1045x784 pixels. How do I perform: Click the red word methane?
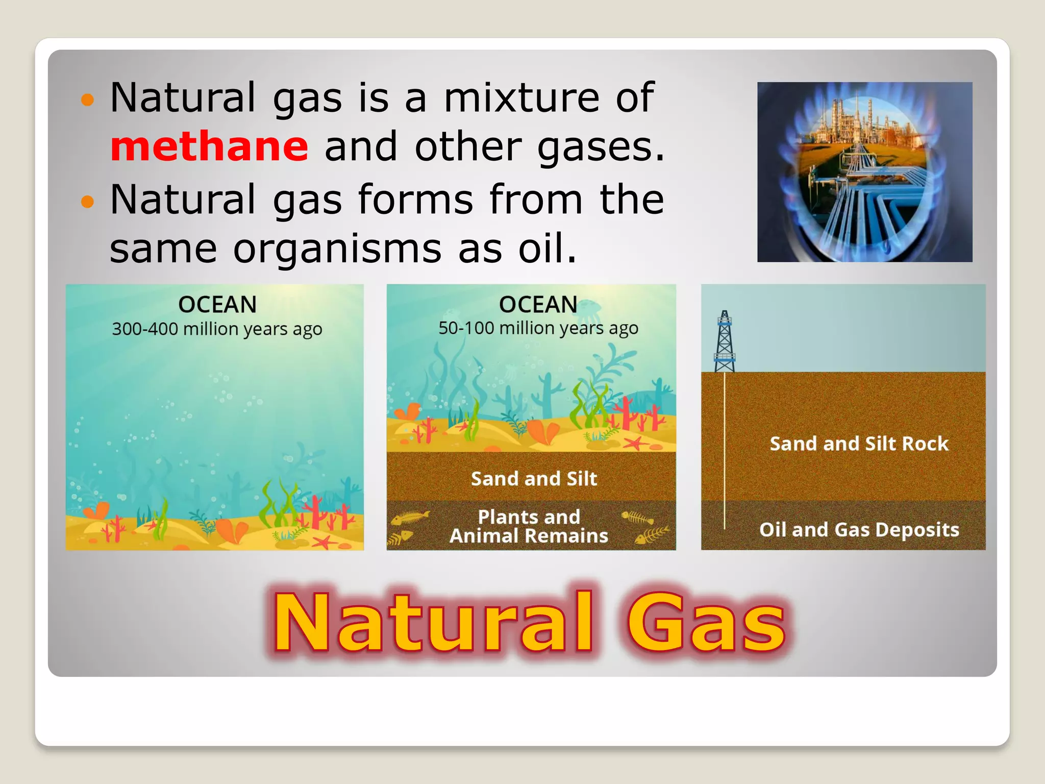209,147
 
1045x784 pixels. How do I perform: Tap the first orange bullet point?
88,100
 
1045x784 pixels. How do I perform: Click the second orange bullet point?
88,202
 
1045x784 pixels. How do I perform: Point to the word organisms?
337,249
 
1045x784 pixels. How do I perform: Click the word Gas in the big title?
705,624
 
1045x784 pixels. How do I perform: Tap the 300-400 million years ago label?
217,329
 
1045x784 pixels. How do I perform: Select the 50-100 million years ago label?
538,328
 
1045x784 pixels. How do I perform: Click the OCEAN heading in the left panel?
217,305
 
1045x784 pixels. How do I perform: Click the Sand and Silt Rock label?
859,444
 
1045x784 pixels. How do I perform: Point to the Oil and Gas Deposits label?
859,529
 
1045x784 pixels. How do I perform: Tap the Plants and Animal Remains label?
529,526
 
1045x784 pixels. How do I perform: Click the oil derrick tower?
724,342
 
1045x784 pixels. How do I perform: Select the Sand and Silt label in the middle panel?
534,478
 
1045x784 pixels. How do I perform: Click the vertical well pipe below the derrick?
724,449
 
